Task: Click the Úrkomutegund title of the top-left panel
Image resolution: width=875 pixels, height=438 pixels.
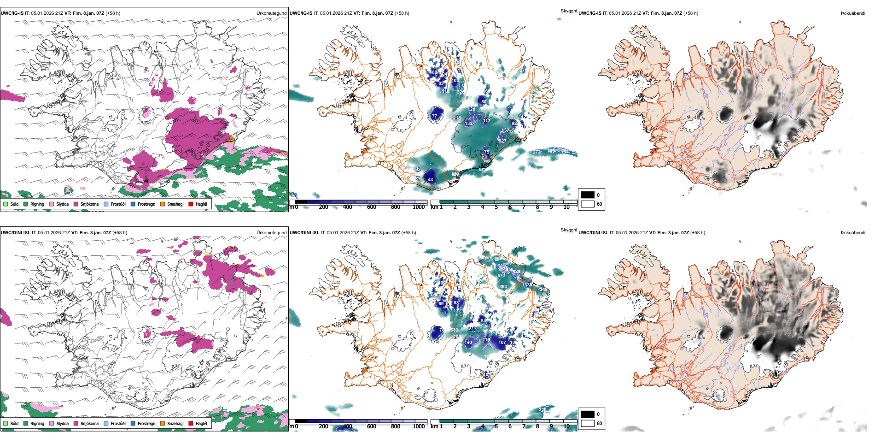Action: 271,13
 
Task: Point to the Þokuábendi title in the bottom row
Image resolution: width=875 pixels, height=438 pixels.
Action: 852,232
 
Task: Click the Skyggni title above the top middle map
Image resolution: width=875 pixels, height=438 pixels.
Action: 568,11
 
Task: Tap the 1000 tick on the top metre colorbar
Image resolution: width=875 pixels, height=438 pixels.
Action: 419,207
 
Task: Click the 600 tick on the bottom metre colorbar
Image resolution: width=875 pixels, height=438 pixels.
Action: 371,426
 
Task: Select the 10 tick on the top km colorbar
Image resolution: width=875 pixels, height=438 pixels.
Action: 566,207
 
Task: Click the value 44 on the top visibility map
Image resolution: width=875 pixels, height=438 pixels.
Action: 430,180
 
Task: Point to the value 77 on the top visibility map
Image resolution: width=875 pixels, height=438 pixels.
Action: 434,116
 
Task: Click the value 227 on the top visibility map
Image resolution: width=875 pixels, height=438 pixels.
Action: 502,141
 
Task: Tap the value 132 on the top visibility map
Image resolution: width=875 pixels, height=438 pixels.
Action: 468,124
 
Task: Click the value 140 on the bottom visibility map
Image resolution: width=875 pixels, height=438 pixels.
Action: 468,343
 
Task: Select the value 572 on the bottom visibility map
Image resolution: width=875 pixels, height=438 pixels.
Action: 501,276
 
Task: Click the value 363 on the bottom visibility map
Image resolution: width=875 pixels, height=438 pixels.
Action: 503,287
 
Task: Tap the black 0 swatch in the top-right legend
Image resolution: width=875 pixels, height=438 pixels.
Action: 588,195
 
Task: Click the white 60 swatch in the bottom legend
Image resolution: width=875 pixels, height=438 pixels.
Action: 588,423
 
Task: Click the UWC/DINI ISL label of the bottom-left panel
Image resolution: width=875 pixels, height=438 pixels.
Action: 15,232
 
